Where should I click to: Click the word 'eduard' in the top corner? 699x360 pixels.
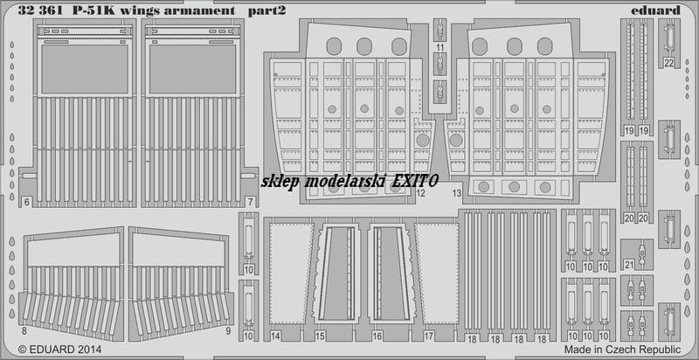(x=661, y=10)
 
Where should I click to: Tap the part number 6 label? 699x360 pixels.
(x=27, y=202)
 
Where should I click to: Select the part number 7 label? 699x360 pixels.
(x=251, y=202)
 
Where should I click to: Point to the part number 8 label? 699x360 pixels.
(x=24, y=331)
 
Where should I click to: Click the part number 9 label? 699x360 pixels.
(x=228, y=331)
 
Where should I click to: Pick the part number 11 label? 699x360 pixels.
(x=440, y=47)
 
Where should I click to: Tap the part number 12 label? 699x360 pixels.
(x=420, y=193)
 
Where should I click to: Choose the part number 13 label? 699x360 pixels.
(x=456, y=193)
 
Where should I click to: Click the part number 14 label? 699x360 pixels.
(x=275, y=336)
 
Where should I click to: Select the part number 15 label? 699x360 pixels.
(x=320, y=336)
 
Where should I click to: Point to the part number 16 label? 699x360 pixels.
(x=377, y=336)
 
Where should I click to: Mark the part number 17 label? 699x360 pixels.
(x=429, y=336)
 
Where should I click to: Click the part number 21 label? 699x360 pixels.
(x=629, y=265)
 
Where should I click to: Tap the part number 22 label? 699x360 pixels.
(x=668, y=63)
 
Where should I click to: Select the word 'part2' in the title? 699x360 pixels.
(x=266, y=11)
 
